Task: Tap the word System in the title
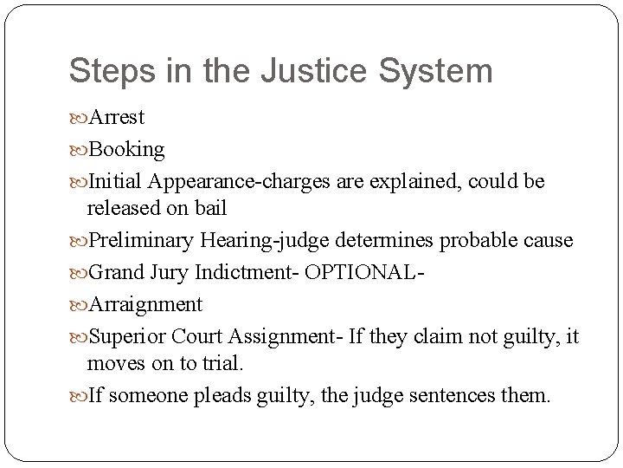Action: tap(440, 70)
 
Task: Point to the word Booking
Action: tap(126, 149)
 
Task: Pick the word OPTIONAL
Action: tap(367, 272)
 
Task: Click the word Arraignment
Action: tap(145, 304)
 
